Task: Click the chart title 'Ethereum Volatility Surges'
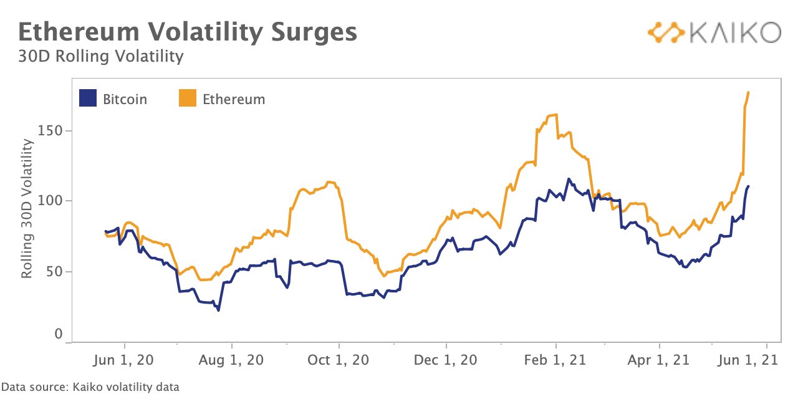point(188,32)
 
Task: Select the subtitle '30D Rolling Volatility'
point(101,56)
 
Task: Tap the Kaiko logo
point(714,32)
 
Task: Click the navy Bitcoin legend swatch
point(88,98)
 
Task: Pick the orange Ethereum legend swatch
point(188,98)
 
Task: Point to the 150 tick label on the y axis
point(50,131)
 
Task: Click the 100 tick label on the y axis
point(50,201)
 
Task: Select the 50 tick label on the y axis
point(54,272)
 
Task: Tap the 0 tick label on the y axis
point(59,334)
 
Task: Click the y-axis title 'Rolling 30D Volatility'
point(27,208)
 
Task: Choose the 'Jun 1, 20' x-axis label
point(123,360)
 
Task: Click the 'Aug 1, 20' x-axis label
point(231,360)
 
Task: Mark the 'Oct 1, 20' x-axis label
point(338,360)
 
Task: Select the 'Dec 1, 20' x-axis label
point(445,360)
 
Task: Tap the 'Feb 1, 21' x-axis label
point(555,360)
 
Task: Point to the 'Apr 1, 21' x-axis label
point(659,360)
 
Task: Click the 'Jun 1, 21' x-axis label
point(748,360)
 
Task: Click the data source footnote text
point(90,387)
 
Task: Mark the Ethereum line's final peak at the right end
point(748,92)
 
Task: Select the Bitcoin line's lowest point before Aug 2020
point(218,310)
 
